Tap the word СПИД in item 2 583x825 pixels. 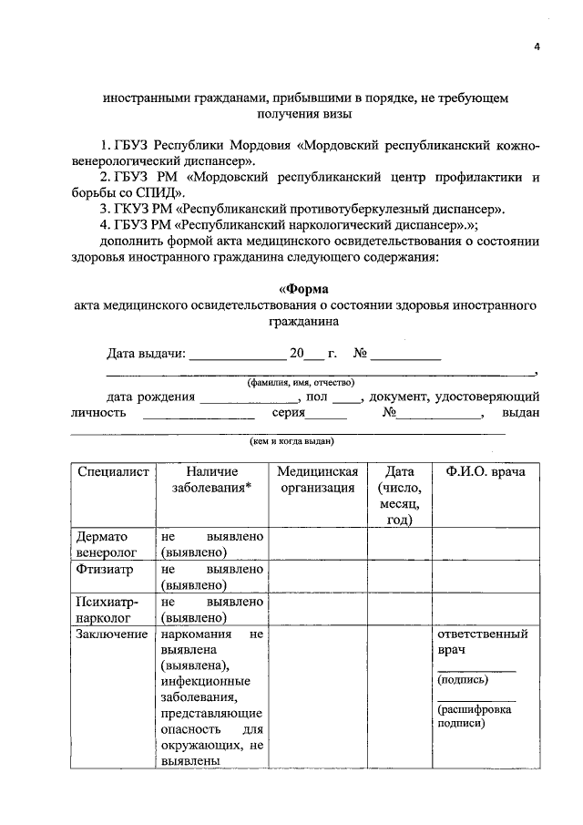point(162,193)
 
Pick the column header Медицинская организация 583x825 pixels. point(318,480)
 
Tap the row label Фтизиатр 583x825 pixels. point(107,570)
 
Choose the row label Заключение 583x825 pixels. point(114,634)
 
